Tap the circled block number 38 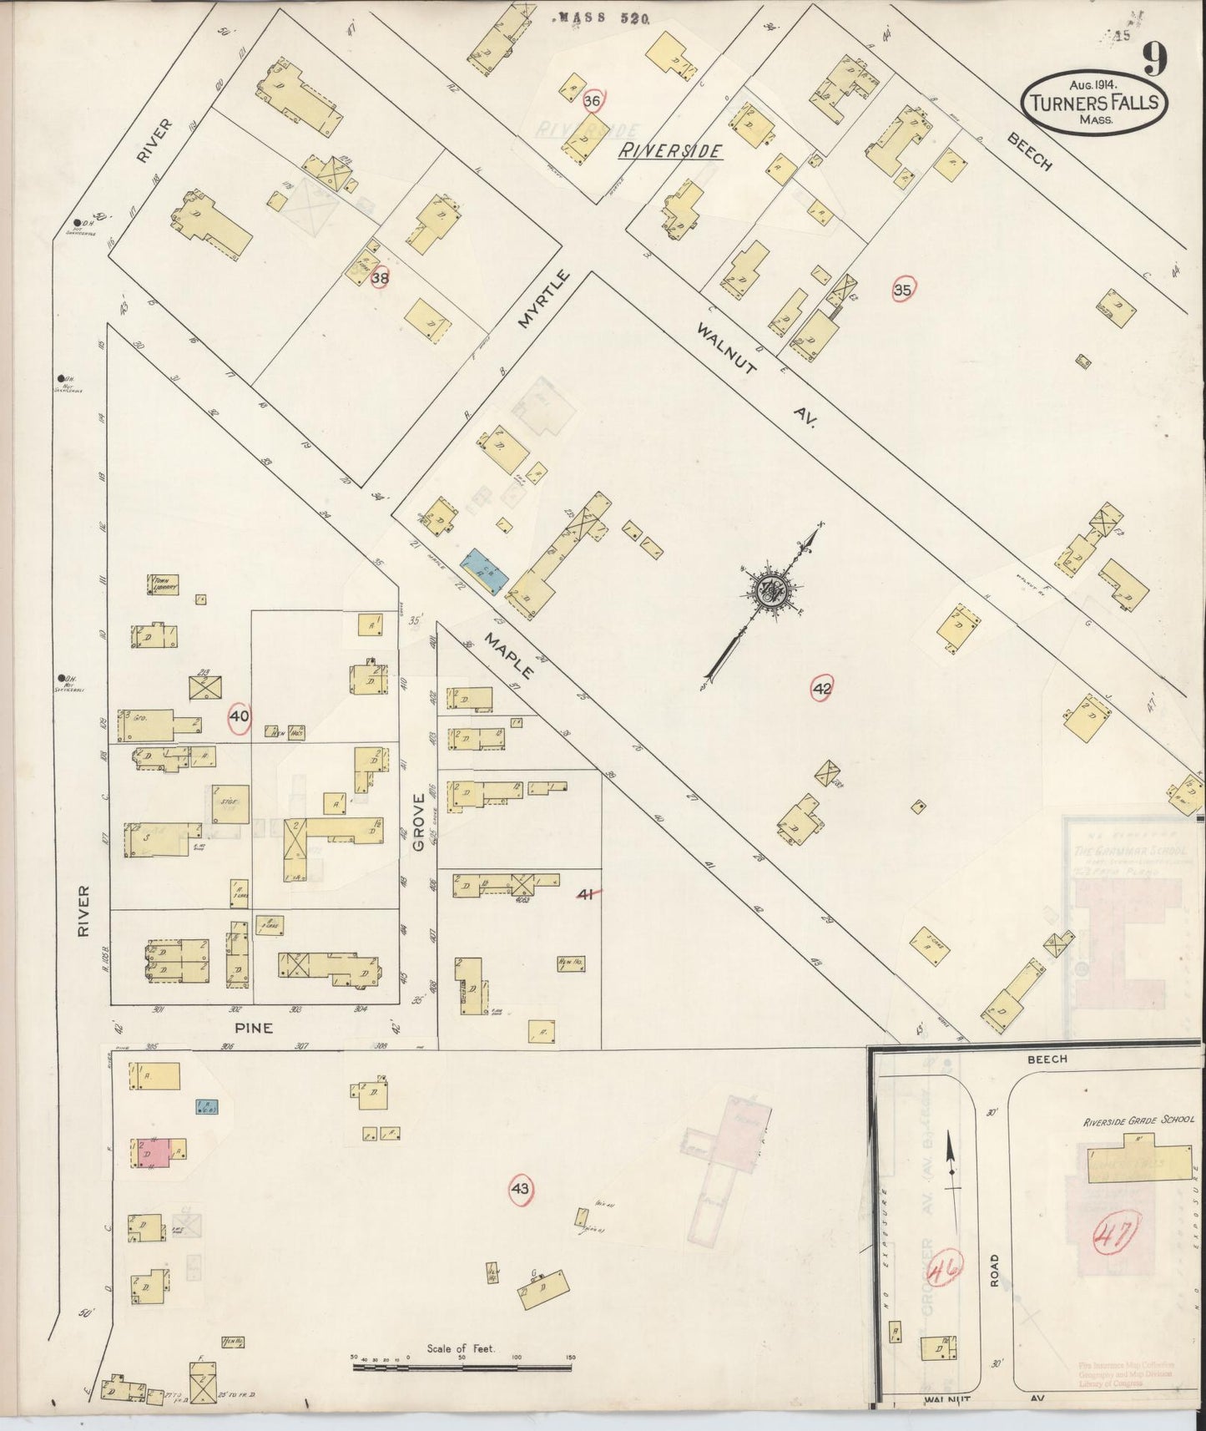click(380, 279)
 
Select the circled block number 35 click(902, 291)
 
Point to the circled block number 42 click(822, 689)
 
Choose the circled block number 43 click(521, 1189)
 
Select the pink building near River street click(153, 1152)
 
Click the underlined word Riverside click(669, 151)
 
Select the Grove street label click(419, 822)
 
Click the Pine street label click(254, 1028)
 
